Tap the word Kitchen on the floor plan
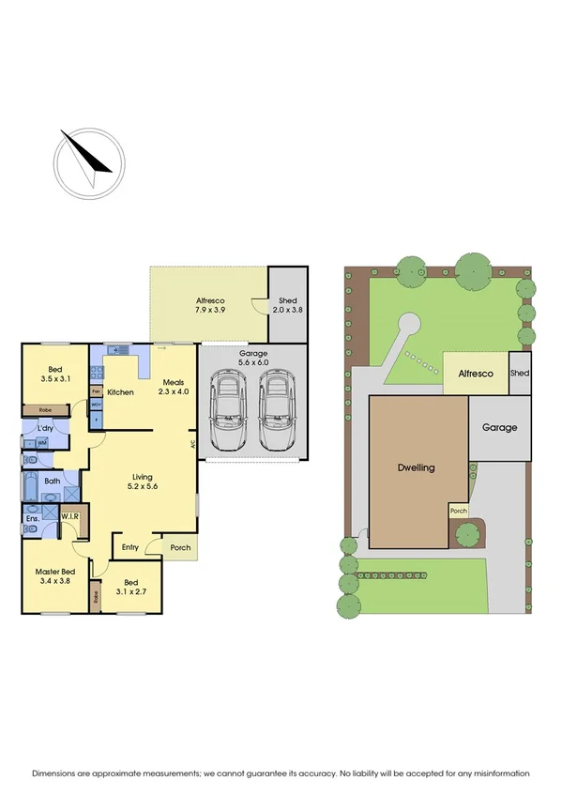point(121,391)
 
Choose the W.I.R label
point(70,517)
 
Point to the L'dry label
point(45,429)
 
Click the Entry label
point(129,546)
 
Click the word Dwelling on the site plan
point(416,467)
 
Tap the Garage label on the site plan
point(500,427)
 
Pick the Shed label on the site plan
point(519,374)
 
